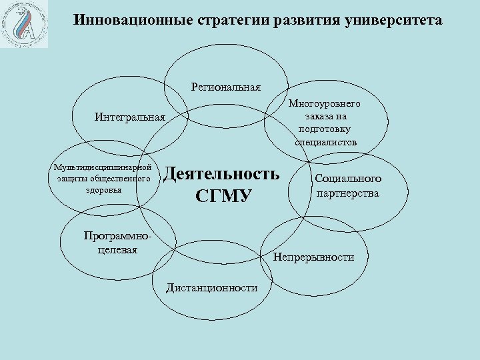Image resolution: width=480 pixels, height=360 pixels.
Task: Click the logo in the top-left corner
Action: point(25,25)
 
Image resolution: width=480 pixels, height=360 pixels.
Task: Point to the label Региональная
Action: point(226,87)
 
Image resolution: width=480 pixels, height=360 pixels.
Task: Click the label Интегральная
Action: point(129,118)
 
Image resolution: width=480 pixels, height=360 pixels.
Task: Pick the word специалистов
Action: point(325,142)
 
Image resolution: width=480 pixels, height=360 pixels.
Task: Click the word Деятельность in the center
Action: point(222,174)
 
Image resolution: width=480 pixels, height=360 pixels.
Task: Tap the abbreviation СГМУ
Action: point(223,196)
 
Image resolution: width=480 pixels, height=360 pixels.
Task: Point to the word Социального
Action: point(348,179)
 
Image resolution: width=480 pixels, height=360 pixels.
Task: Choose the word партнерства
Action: point(348,193)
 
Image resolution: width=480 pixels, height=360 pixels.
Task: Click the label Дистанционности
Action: point(212,287)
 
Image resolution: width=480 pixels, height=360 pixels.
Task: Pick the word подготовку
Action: point(325,129)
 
